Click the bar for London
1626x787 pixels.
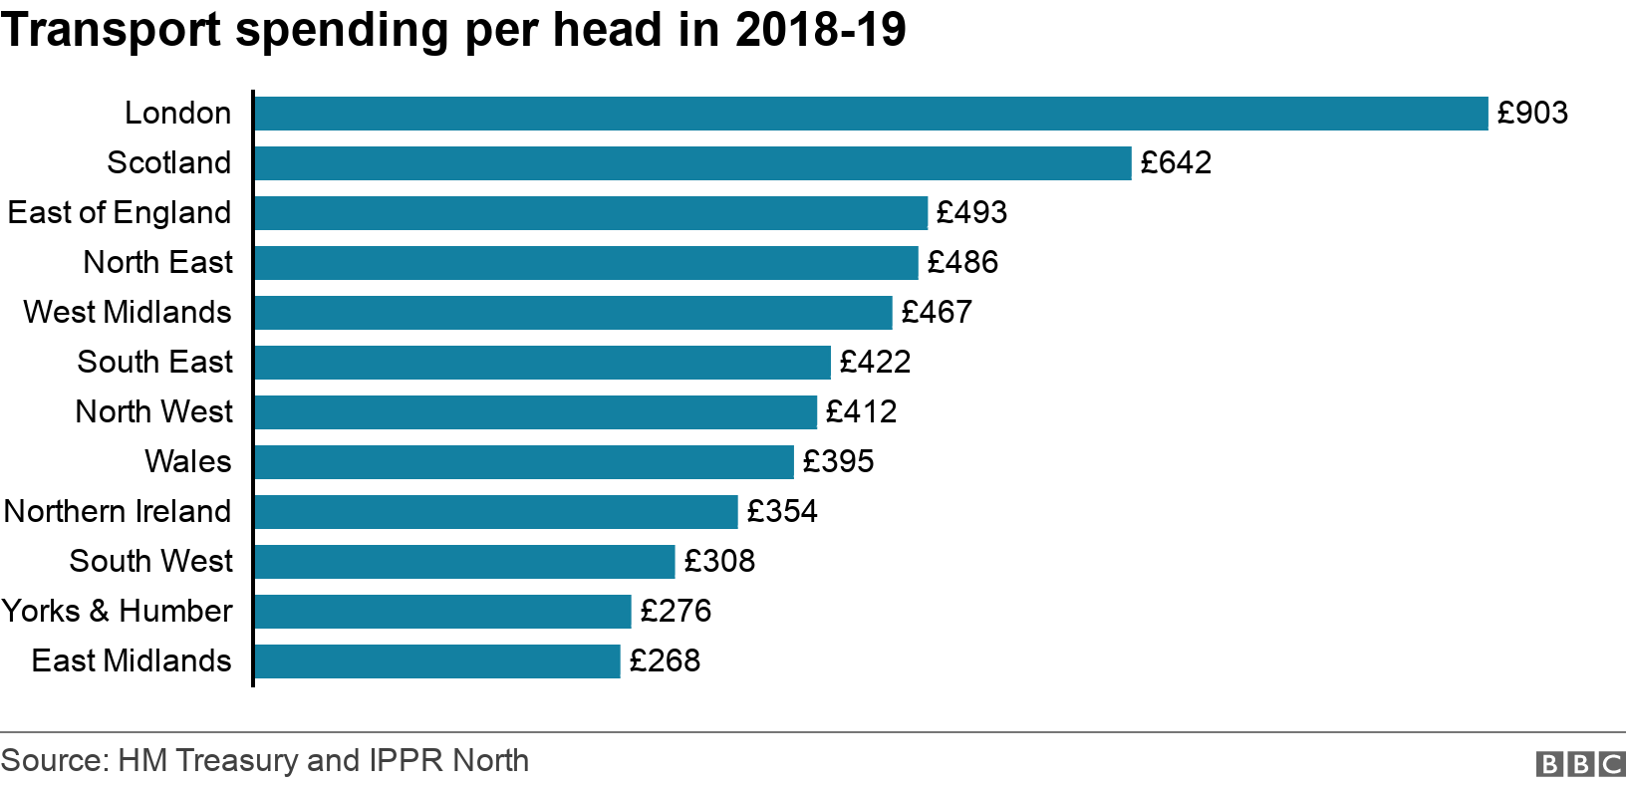871,114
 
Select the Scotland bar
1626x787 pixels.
692,163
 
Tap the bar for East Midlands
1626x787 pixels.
437,661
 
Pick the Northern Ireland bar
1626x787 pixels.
496,512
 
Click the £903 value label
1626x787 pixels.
1532,114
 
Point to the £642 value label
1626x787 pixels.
1176,163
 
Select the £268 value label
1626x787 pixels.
665,661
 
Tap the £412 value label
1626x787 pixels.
861,412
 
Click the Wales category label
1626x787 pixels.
187,462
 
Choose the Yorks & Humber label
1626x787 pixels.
117,612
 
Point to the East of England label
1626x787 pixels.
120,213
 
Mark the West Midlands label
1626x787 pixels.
128,313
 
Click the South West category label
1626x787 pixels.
150,562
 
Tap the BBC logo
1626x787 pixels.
1580,764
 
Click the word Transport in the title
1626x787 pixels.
112,30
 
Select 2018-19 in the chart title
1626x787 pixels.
821,30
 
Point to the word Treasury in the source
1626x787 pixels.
237,761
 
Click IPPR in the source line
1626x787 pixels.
406,761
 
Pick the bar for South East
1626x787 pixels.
542,363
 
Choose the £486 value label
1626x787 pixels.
962,263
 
